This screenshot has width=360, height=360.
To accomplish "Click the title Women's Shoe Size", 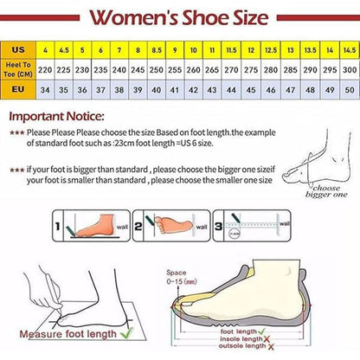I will coord(180,17).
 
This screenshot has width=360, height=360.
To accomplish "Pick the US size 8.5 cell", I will coord(156,49).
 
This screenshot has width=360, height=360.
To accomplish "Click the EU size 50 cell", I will coord(348,89).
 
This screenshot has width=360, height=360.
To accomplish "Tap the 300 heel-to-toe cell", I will coord(348,69).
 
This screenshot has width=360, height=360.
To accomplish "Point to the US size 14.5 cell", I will coord(348,49).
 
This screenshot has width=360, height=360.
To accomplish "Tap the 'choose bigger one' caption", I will coord(327,190).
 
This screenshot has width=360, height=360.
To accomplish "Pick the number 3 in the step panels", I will coord(218,227).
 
